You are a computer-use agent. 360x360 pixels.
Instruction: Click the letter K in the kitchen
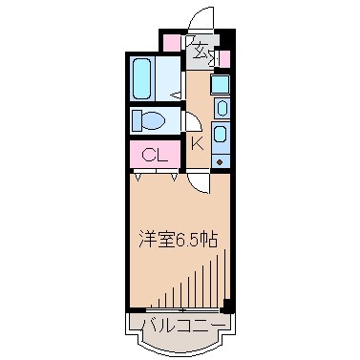point(198,143)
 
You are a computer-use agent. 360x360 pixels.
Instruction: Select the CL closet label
point(152,154)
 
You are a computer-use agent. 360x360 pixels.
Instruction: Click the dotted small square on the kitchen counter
point(221,160)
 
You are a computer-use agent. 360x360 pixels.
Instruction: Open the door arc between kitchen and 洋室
point(196,181)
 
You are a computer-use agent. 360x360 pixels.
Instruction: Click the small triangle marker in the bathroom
point(176,94)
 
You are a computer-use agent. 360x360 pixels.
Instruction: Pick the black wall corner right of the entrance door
point(227,37)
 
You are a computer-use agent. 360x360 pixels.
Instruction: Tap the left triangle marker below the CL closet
point(140,176)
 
